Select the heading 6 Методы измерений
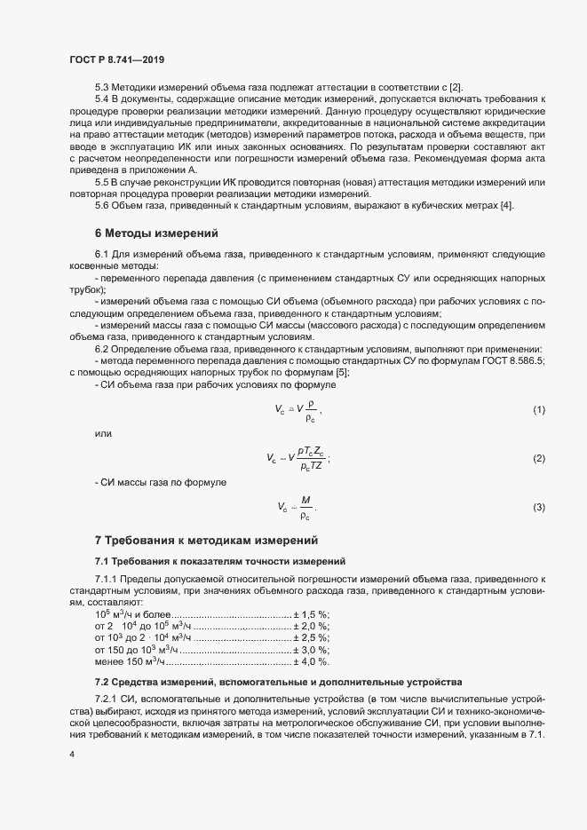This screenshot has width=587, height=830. (155, 233)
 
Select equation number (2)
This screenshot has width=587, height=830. (538, 459)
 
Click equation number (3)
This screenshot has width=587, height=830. (538, 507)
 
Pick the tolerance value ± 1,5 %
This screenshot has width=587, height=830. (312, 614)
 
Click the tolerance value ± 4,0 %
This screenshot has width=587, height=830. (312, 661)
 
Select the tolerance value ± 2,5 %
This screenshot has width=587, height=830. (312, 637)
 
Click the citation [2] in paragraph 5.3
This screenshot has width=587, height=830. (455, 88)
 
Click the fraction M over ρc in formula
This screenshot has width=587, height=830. (306, 506)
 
